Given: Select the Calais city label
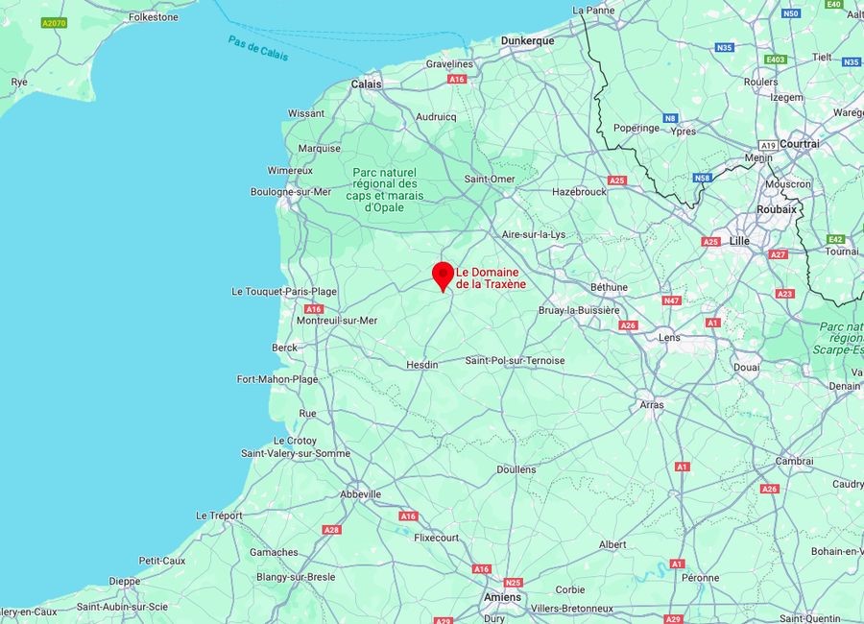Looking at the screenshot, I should [366, 84].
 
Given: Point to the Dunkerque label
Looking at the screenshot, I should [527, 40].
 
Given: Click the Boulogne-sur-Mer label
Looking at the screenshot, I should [291, 191].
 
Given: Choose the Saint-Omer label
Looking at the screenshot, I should [490, 179].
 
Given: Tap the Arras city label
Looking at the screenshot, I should [652, 405].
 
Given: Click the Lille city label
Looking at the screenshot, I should [739, 241].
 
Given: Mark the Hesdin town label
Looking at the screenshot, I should [422, 365].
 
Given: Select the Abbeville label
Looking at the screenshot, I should [361, 494].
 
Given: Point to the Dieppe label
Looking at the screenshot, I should [125, 581].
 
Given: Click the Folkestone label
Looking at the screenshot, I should [154, 16].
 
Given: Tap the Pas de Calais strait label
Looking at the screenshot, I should [258, 47].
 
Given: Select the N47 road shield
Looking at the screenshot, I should [671, 300].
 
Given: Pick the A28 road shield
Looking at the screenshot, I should [332, 530].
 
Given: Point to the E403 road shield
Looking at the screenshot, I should [776, 60].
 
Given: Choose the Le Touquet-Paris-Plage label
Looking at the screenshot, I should [284, 291].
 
